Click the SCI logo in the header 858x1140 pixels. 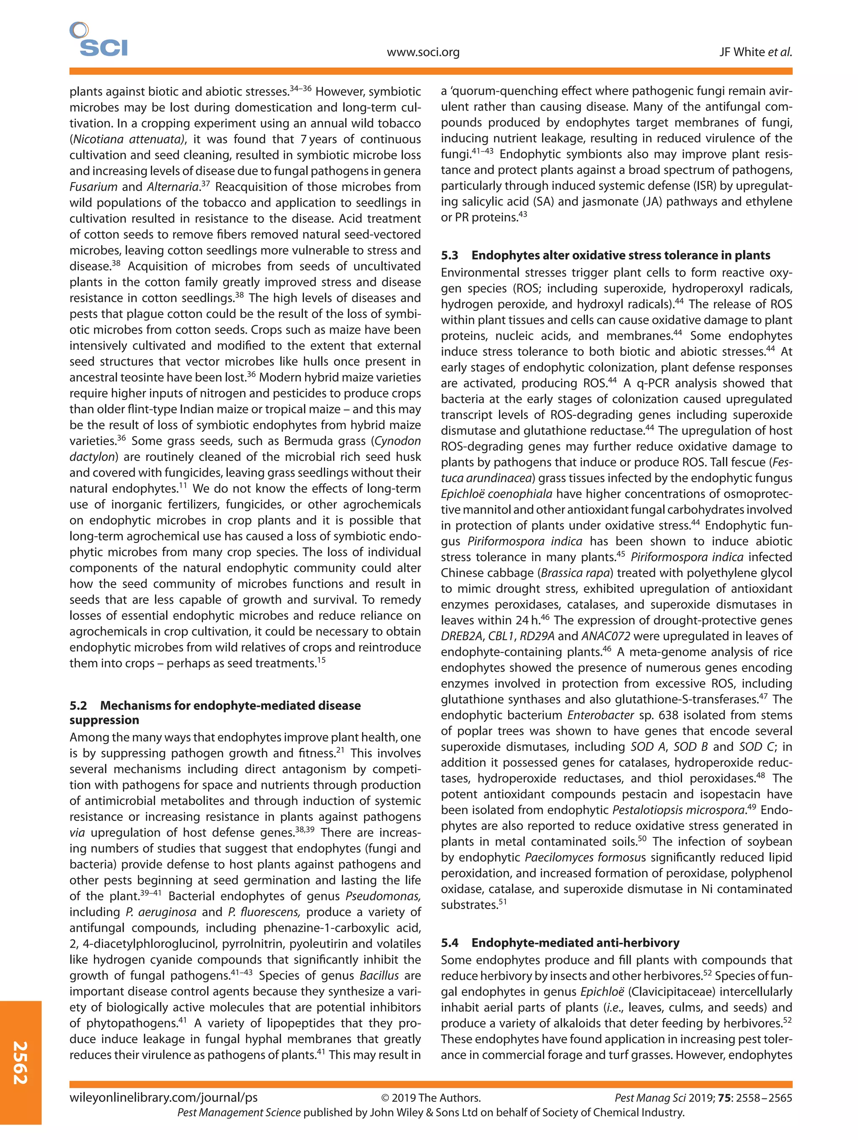99,40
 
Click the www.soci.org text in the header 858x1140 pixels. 423,52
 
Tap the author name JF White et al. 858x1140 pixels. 755,52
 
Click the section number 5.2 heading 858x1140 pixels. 78,705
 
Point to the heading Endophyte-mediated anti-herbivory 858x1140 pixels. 575,943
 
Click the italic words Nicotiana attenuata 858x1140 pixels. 127,139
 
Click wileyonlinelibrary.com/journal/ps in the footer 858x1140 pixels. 163,1098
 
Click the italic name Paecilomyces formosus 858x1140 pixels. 585,858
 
